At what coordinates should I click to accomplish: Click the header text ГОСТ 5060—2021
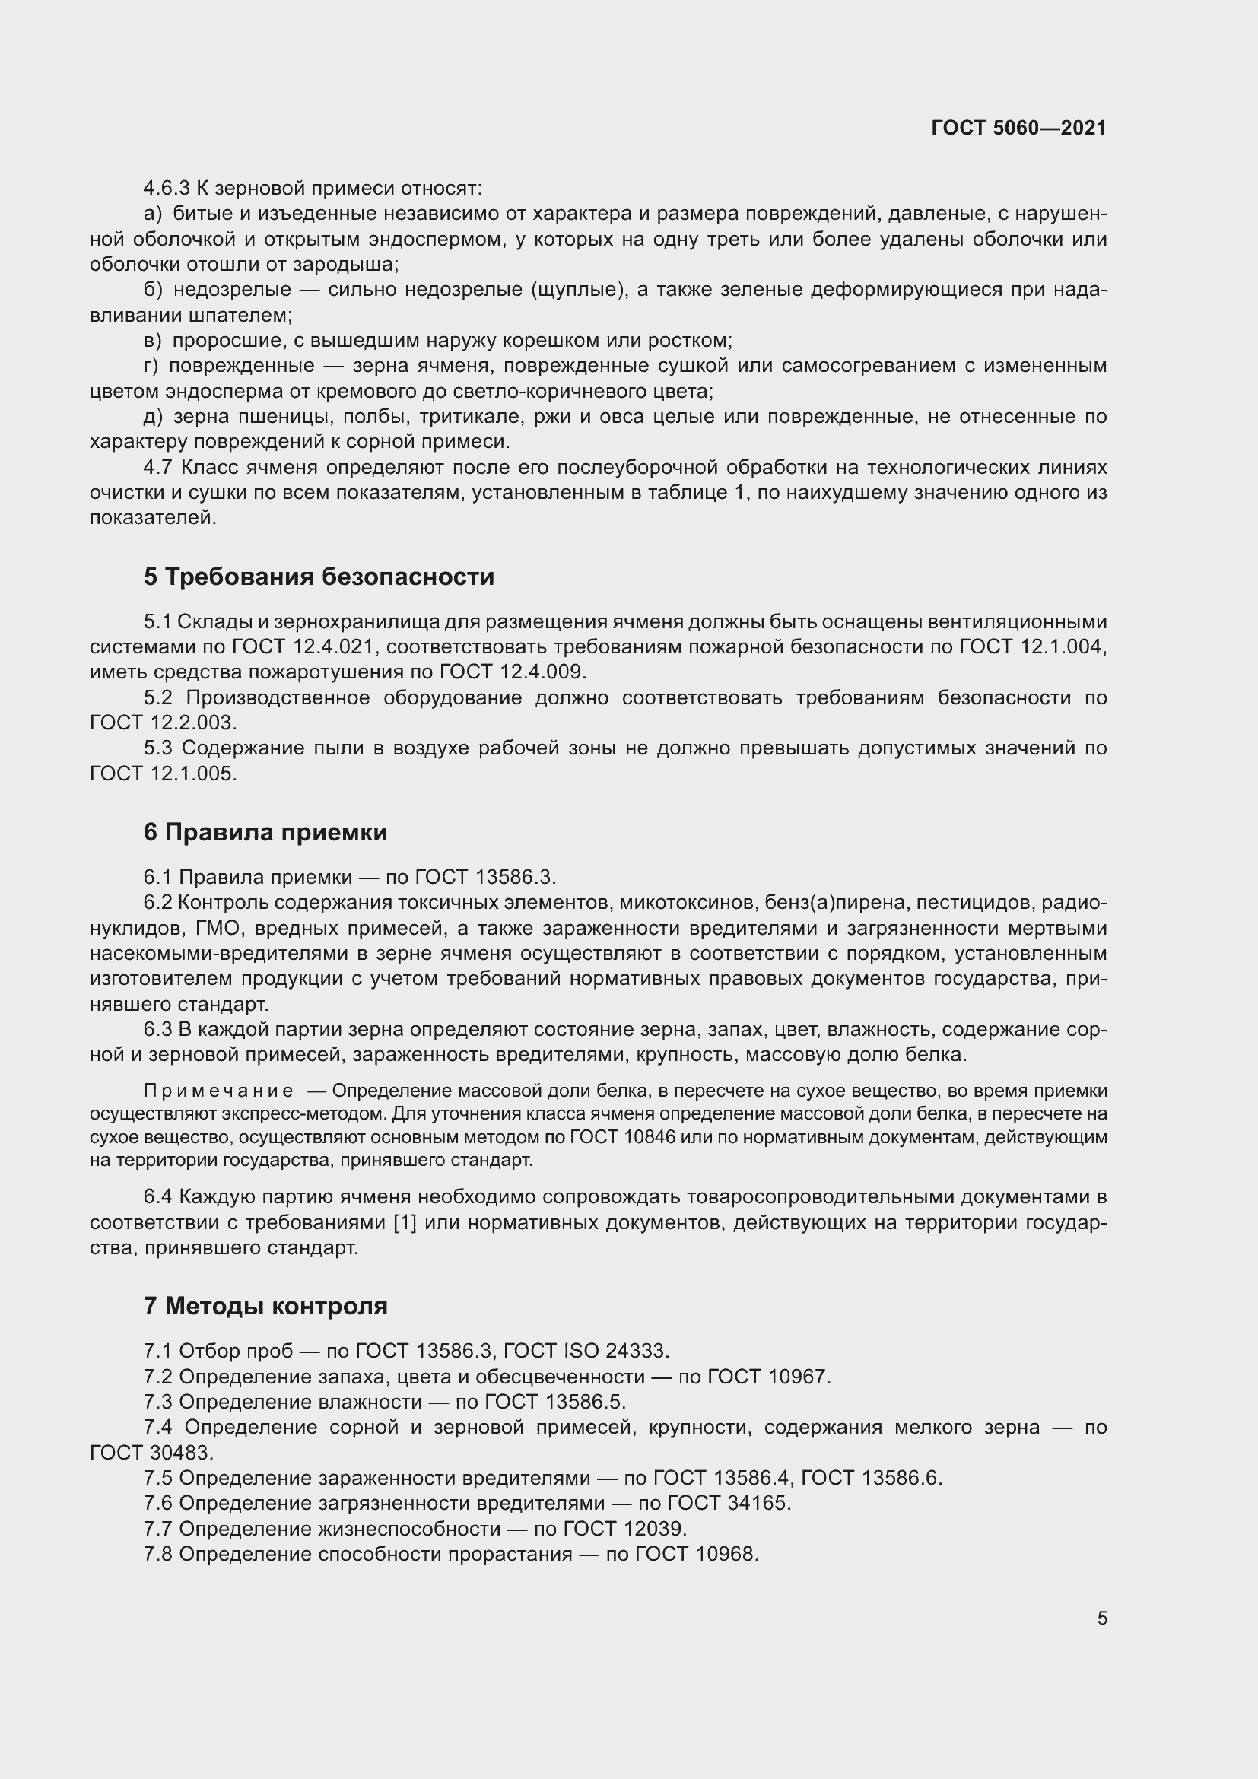point(1018,128)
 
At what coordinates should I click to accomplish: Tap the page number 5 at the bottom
point(1101,1618)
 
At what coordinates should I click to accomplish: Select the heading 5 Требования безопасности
point(319,577)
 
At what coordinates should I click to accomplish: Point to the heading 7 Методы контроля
point(265,1306)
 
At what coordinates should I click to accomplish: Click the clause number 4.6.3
point(167,189)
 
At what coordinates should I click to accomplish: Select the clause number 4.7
point(158,467)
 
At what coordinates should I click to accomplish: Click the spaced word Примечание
point(218,1091)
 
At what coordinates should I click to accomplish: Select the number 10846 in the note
point(653,1136)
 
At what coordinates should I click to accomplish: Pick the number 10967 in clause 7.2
point(799,1377)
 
